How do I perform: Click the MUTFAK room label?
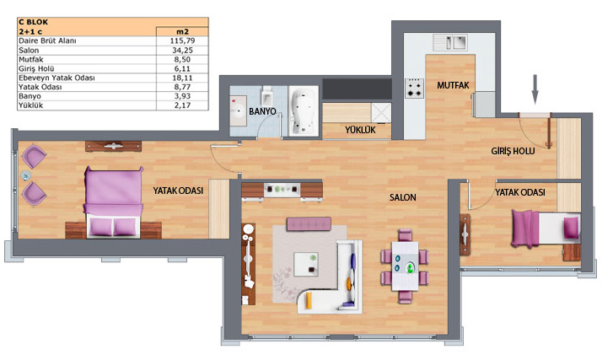(x=453, y=85)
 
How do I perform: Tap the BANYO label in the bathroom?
(x=262, y=111)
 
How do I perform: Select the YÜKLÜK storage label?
(x=360, y=130)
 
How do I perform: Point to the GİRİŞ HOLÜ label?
(x=513, y=151)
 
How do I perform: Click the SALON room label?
(x=403, y=197)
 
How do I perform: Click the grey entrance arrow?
(x=535, y=90)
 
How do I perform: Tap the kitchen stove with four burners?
(x=414, y=89)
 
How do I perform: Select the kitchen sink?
(x=450, y=42)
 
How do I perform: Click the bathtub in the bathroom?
(x=304, y=111)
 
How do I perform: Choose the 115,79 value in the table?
(x=182, y=40)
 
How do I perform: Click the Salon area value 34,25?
(x=182, y=50)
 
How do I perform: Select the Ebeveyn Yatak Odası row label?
(x=56, y=78)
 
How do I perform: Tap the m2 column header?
(x=182, y=32)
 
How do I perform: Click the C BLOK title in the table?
(x=33, y=22)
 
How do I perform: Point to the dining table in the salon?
(x=405, y=266)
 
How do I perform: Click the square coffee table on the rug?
(x=306, y=264)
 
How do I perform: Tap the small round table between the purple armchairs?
(x=26, y=176)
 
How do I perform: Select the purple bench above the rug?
(x=309, y=224)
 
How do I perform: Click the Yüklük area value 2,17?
(x=182, y=105)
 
